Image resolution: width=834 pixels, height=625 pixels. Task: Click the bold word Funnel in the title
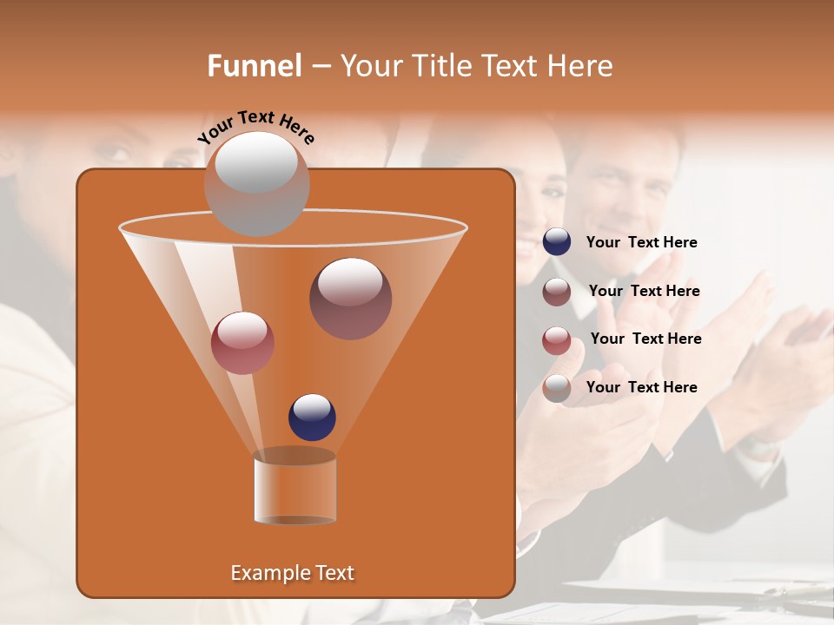254,66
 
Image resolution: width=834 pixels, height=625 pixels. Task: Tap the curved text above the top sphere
255,128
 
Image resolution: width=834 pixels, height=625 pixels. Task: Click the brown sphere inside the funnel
350,298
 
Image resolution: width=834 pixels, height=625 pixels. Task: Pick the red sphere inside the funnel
242,342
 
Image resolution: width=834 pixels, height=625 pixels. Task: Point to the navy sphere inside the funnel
312,417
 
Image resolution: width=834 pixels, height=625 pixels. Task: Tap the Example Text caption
292,573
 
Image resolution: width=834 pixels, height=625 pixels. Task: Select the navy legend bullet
557,242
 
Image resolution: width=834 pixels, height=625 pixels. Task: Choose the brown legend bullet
557,292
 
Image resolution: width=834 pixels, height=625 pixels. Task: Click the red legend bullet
557,340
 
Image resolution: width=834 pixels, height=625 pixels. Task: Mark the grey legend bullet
557,388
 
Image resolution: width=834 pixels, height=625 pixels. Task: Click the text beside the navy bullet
641,243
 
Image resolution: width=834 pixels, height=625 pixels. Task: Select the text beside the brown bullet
644,291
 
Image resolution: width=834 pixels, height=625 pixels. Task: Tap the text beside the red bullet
645,339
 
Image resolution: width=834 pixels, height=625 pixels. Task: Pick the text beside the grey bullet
641,387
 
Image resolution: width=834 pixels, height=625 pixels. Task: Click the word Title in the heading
439,66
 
